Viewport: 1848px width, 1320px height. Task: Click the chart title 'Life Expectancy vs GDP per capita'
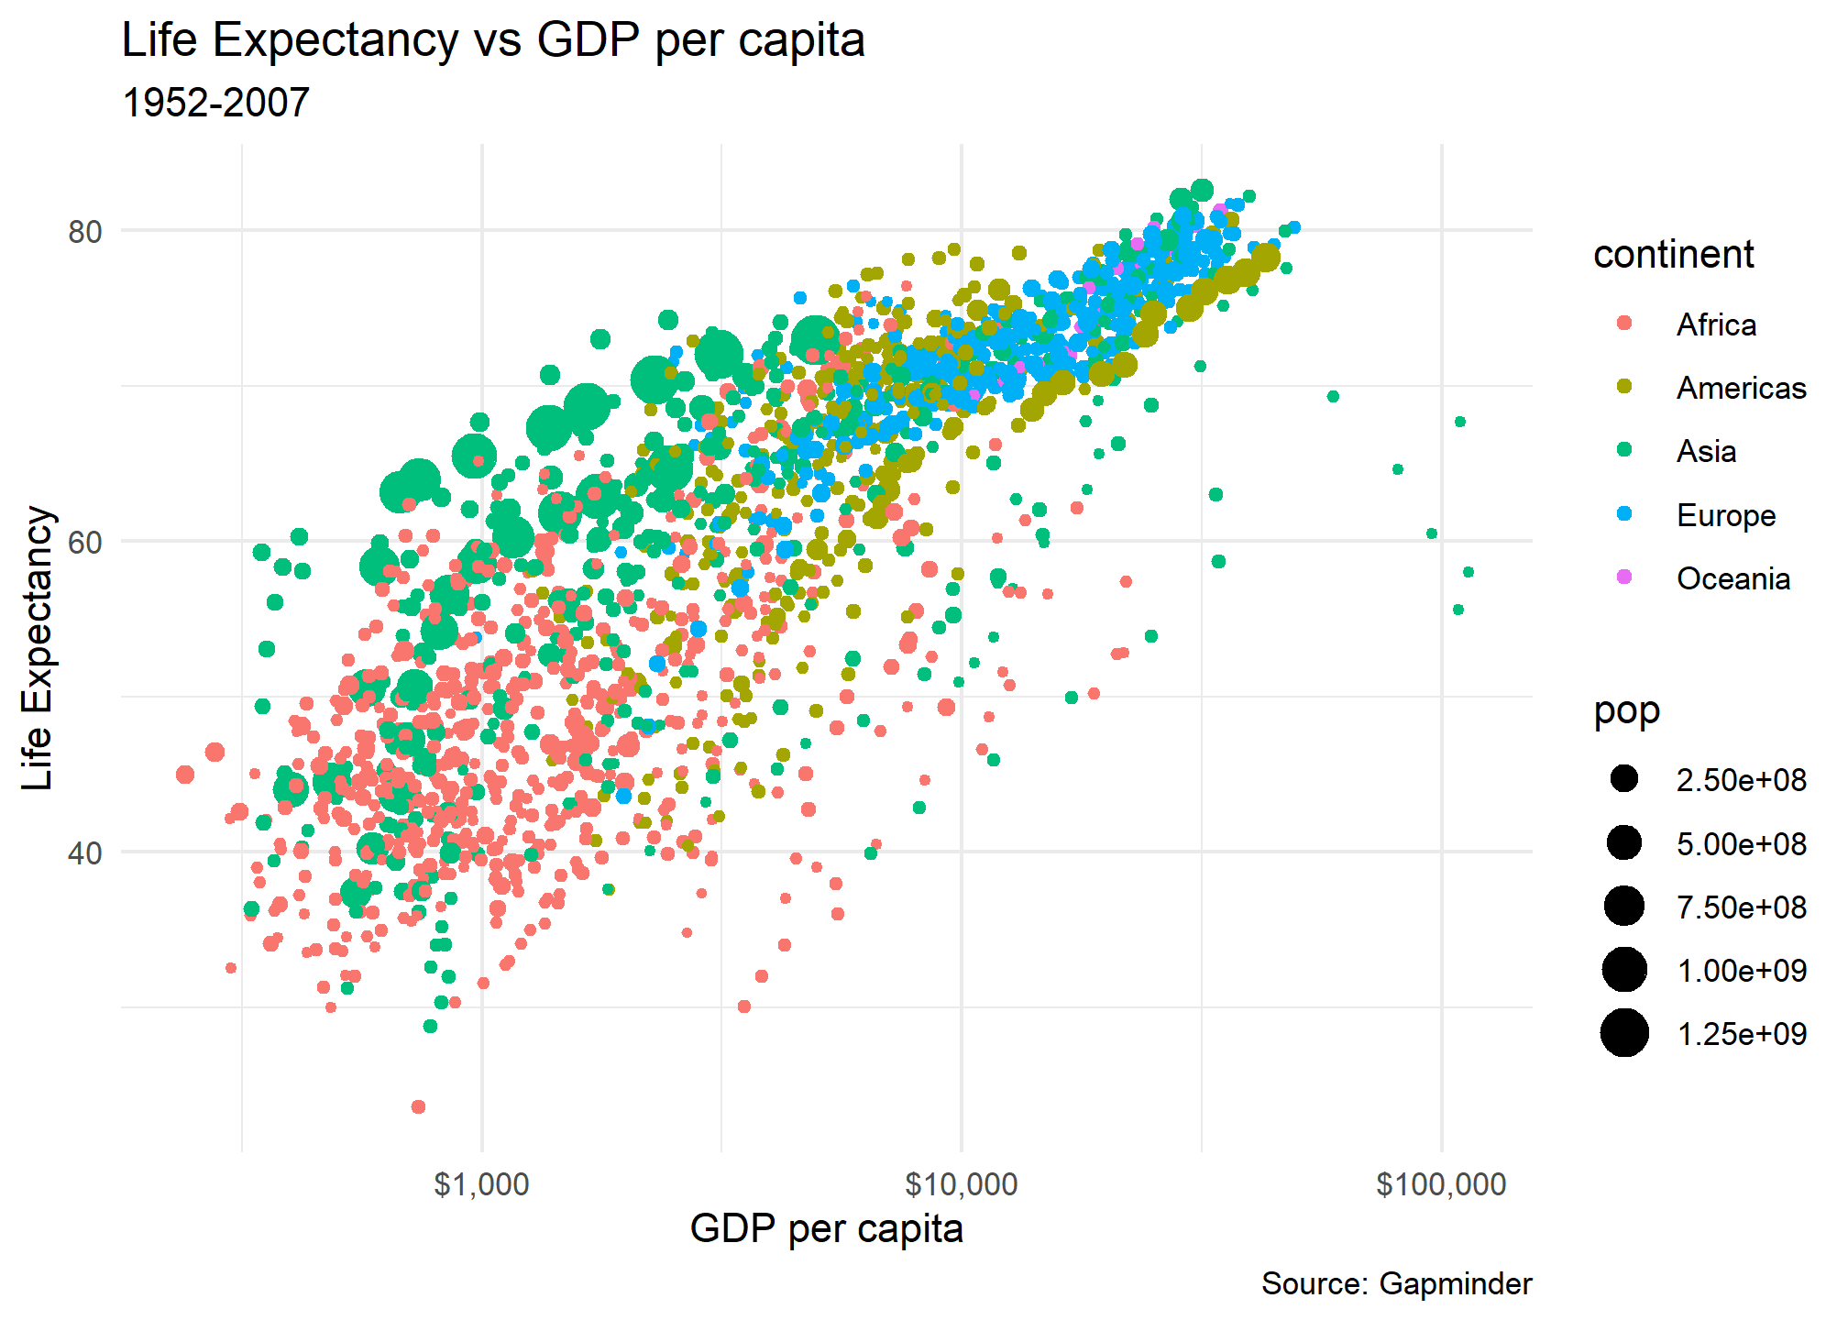click(x=493, y=40)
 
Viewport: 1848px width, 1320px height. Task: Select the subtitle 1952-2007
click(x=215, y=103)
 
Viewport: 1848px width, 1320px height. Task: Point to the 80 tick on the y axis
click(x=84, y=232)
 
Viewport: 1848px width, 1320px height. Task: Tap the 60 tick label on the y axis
click(x=84, y=542)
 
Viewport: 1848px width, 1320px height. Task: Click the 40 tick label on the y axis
click(x=84, y=852)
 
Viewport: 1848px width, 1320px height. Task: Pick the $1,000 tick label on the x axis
click(x=481, y=1184)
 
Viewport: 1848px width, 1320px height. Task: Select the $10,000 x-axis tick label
click(x=961, y=1184)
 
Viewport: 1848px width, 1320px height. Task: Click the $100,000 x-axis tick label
click(x=1441, y=1184)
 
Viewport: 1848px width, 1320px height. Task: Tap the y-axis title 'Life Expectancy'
click(x=38, y=647)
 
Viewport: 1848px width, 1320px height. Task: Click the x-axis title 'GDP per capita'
click(x=826, y=1228)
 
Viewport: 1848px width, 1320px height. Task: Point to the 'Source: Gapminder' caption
click(x=1396, y=1284)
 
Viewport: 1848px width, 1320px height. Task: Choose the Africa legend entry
click(x=1716, y=324)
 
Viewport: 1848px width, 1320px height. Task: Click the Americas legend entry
click(x=1741, y=388)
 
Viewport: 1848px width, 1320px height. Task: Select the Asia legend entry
click(x=1706, y=451)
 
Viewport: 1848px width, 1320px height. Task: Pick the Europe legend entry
click(x=1725, y=515)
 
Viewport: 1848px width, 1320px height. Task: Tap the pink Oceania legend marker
click(x=1624, y=577)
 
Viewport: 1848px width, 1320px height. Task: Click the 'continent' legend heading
click(x=1673, y=254)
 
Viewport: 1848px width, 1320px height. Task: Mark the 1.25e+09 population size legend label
click(x=1741, y=1034)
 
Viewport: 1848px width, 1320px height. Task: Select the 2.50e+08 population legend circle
click(x=1624, y=780)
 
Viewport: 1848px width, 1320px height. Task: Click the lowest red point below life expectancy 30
click(x=418, y=1106)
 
